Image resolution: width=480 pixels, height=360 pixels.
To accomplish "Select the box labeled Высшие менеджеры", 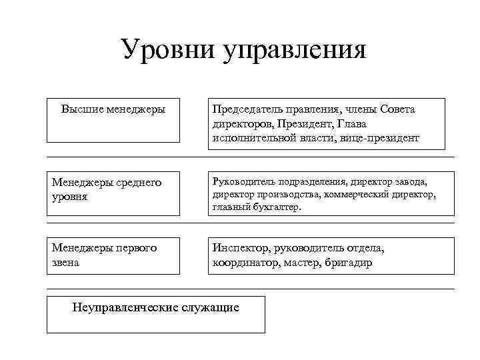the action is point(113,121).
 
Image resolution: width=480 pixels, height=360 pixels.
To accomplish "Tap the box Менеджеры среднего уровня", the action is point(113,193).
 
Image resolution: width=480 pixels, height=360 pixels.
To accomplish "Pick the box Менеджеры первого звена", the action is point(113,255).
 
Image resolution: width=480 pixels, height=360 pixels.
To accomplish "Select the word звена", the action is point(66,263).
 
